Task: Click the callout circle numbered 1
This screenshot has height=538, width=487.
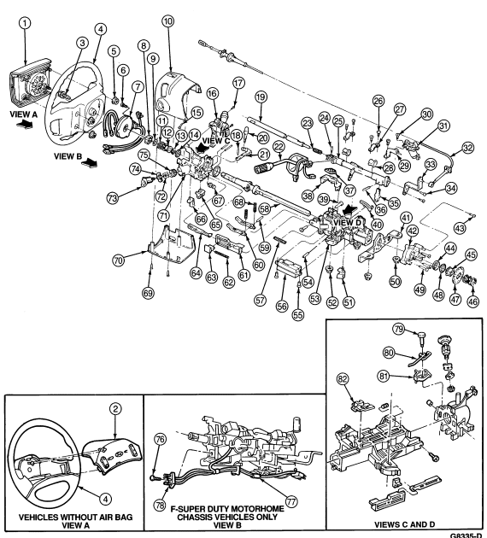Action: pyautogui.click(x=25, y=24)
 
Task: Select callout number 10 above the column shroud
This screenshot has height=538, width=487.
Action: pyautogui.click(x=167, y=21)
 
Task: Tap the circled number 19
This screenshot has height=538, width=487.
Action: pyautogui.click(x=261, y=97)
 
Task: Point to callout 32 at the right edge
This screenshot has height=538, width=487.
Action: pyautogui.click(x=468, y=149)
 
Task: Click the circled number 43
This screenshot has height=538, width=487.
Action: pyautogui.click(x=461, y=228)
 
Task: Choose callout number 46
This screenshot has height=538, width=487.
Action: pyautogui.click(x=473, y=301)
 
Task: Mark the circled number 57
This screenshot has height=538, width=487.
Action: pyautogui.click(x=260, y=301)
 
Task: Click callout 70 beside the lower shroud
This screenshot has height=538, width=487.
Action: pyautogui.click(x=118, y=260)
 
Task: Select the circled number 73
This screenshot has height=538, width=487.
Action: pyautogui.click(x=113, y=198)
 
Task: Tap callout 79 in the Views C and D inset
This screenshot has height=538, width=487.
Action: pyautogui.click(x=399, y=330)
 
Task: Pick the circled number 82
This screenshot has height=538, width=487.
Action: pyautogui.click(x=343, y=379)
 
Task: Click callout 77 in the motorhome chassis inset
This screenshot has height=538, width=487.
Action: pyautogui.click(x=290, y=502)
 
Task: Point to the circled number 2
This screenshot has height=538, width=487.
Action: pyautogui.click(x=115, y=409)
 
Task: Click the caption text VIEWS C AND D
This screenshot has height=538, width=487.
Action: pyautogui.click(x=404, y=524)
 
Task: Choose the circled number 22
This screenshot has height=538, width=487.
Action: pyautogui.click(x=279, y=148)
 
